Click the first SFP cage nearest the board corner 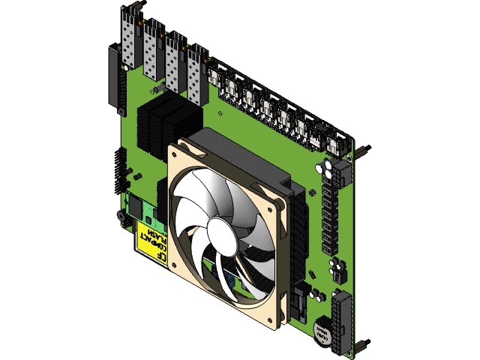pos(130,41)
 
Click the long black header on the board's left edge pos(114,75)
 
